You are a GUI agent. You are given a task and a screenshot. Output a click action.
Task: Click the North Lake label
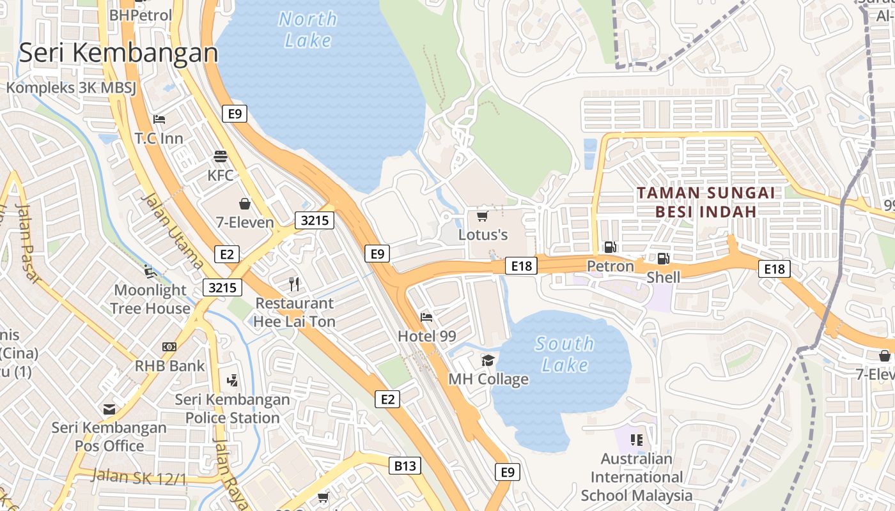pyautogui.click(x=308, y=29)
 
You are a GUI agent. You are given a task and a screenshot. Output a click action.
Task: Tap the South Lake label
pyautogui.click(x=565, y=354)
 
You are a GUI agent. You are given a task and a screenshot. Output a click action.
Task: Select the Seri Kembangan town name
pyautogui.click(x=119, y=53)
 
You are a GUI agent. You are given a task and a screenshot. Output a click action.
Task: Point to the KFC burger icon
pyautogui.click(x=221, y=156)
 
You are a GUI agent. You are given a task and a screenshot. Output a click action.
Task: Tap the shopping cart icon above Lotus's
pyautogui.click(x=483, y=217)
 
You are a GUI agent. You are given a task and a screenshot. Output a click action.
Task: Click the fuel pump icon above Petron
pyautogui.click(x=611, y=247)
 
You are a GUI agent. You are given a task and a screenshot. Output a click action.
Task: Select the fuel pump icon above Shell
pyautogui.click(x=664, y=259)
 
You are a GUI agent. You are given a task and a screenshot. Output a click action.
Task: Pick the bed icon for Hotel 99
pyautogui.click(x=426, y=317)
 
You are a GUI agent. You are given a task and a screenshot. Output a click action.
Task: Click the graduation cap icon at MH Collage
pyautogui.click(x=488, y=361)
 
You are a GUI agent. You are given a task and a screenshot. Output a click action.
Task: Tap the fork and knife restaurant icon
pyautogui.click(x=294, y=284)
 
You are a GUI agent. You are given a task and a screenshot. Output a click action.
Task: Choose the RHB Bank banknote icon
pyautogui.click(x=169, y=347)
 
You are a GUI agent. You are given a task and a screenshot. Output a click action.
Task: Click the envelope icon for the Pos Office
pyautogui.click(x=109, y=409)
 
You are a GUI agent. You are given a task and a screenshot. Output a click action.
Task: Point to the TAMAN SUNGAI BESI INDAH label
pyautogui.click(x=705, y=202)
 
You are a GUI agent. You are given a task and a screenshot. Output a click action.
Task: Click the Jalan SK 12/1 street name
pyautogui.click(x=139, y=477)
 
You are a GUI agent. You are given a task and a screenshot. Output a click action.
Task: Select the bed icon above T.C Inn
pyautogui.click(x=159, y=119)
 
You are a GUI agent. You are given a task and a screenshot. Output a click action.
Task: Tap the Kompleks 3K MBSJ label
pyautogui.click(x=72, y=88)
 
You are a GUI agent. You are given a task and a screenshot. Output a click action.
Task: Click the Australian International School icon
pyautogui.click(x=636, y=439)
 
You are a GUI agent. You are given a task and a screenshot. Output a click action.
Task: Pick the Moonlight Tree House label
pyautogui.click(x=150, y=299)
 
